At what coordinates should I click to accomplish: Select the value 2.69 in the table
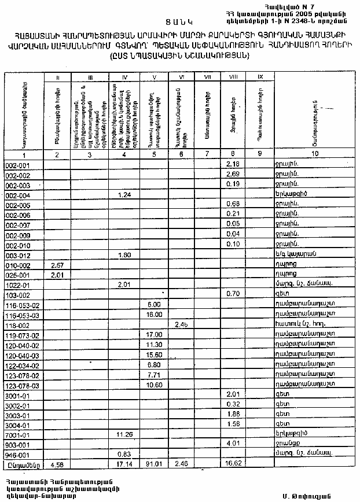pyautogui.click(x=233, y=175)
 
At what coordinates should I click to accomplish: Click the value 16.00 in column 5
pyautogui.click(x=154, y=314)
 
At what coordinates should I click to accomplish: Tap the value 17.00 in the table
pyautogui.click(x=154, y=334)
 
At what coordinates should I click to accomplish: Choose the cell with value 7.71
pyautogui.click(x=154, y=375)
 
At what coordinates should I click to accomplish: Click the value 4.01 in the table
pyautogui.click(x=233, y=444)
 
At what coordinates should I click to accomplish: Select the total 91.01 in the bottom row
pyautogui.click(x=154, y=464)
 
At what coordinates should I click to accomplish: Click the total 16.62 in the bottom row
pyautogui.click(x=233, y=464)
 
